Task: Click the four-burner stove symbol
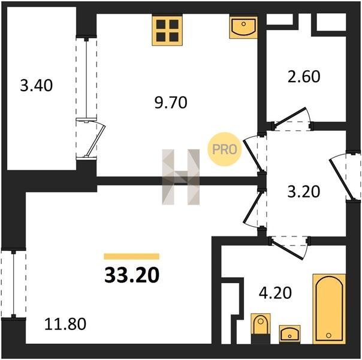pos(167,30)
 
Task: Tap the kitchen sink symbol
pos(243,27)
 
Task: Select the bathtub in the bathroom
pos(329,308)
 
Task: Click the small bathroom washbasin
pos(289,334)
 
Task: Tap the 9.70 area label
pos(171,103)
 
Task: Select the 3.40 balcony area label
pos(36,85)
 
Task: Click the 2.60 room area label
pos(304,76)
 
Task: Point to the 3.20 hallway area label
pos(304,191)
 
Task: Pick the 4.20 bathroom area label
pos(275,293)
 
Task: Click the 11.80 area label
pos(65,324)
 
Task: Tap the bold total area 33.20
pos(132,275)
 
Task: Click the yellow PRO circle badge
pos(224,149)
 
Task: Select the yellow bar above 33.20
pos(132,256)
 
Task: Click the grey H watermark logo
pos(181,177)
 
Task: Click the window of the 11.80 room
pos(13,284)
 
